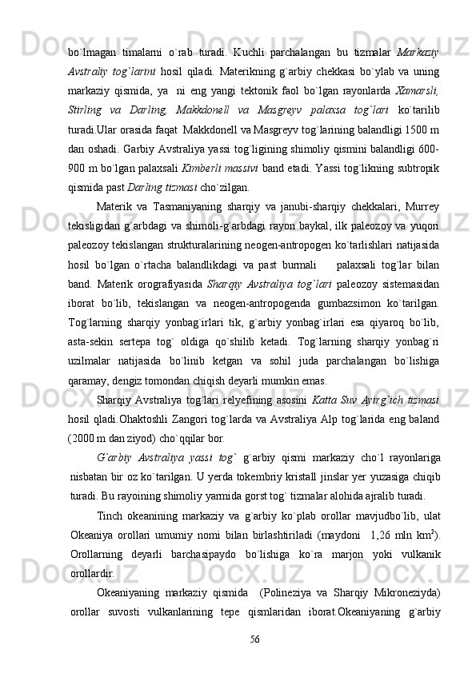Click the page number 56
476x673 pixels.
point(254,639)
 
